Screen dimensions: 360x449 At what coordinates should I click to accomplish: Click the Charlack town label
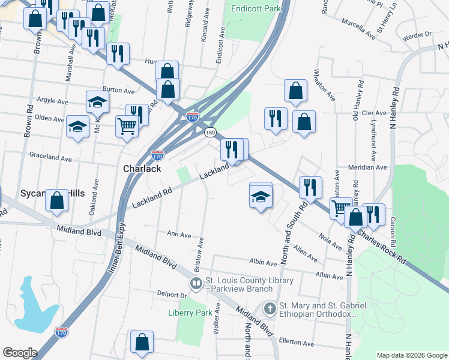[142, 169]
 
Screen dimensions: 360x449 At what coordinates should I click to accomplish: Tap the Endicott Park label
[256, 9]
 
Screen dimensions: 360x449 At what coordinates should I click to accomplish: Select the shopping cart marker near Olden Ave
[127, 127]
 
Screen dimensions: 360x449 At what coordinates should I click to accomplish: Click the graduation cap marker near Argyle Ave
[97, 103]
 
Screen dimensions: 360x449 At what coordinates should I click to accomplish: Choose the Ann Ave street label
[179, 234]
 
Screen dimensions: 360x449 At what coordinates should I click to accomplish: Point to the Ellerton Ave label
[300, 344]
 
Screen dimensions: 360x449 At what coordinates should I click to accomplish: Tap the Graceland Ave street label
[51, 158]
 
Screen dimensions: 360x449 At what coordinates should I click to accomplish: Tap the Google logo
[20, 353]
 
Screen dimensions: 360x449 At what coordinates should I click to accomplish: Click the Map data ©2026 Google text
[411, 355]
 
